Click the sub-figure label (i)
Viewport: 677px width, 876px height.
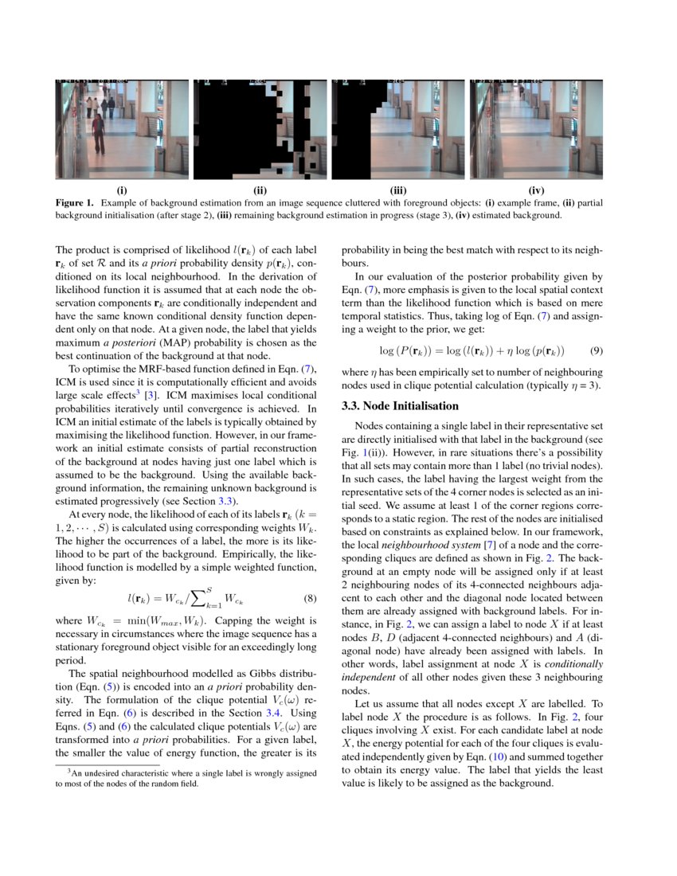[121, 190]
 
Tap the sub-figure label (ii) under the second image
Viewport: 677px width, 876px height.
[260, 190]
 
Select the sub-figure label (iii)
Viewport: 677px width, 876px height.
[398, 190]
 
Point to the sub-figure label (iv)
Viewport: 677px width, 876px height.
[536, 190]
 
